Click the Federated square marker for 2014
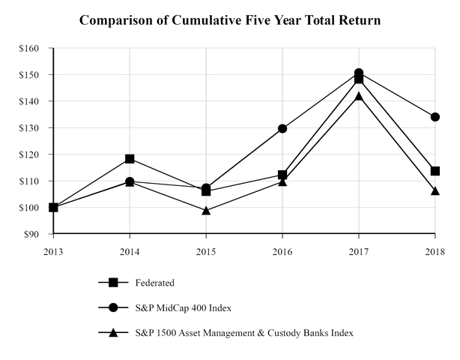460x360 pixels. [130, 159]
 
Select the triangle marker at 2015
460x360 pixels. [206, 211]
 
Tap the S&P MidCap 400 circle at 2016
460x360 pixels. [282, 128]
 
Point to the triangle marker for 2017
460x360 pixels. [359, 96]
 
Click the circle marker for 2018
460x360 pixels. [435, 117]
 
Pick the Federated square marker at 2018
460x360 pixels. [435, 171]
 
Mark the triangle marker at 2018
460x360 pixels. [435, 190]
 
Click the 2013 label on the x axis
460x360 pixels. [54, 250]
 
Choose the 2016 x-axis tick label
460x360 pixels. [282, 250]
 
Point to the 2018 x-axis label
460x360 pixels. [435, 250]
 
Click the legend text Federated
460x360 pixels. [156, 283]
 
